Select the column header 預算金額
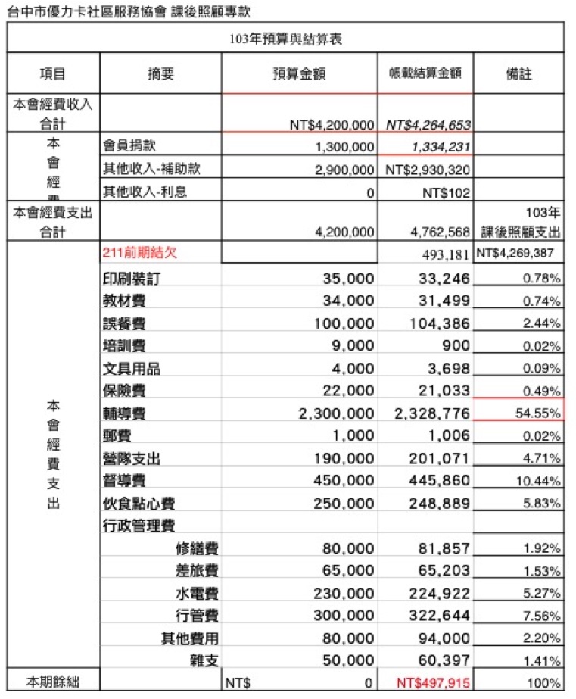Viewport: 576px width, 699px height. point(299,73)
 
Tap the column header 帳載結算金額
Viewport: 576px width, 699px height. point(425,73)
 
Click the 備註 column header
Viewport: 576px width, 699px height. point(518,73)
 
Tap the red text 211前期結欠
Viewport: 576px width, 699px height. point(140,254)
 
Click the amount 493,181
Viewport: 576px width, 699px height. point(446,254)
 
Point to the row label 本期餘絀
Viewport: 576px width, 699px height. point(52,682)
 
